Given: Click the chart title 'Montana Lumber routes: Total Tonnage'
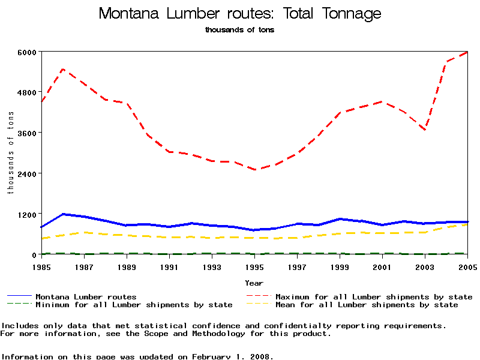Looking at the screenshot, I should click(x=239, y=14).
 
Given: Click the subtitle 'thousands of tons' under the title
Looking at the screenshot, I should click(x=239, y=29).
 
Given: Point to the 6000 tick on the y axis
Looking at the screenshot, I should click(x=28, y=52).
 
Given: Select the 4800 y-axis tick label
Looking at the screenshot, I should click(x=28, y=92).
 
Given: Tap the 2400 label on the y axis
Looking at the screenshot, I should click(x=28, y=173).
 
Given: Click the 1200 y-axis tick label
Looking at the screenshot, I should click(x=28, y=214).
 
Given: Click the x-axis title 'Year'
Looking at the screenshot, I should click(x=254, y=282).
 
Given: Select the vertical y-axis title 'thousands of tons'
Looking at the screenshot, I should click(x=10, y=153).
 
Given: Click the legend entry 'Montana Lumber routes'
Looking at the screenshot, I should click(x=86, y=296).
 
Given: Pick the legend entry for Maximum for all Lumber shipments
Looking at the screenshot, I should click(x=373, y=296).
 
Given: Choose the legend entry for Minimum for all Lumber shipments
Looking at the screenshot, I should click(x=134, y=305).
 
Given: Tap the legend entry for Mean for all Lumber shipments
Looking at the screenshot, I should click(x=366, y=305).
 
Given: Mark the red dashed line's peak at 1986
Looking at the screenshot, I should click(x=63, y=69).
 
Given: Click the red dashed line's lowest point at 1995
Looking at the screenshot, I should click(x=254, y=170).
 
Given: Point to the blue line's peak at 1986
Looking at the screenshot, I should click(x=63, y=214).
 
